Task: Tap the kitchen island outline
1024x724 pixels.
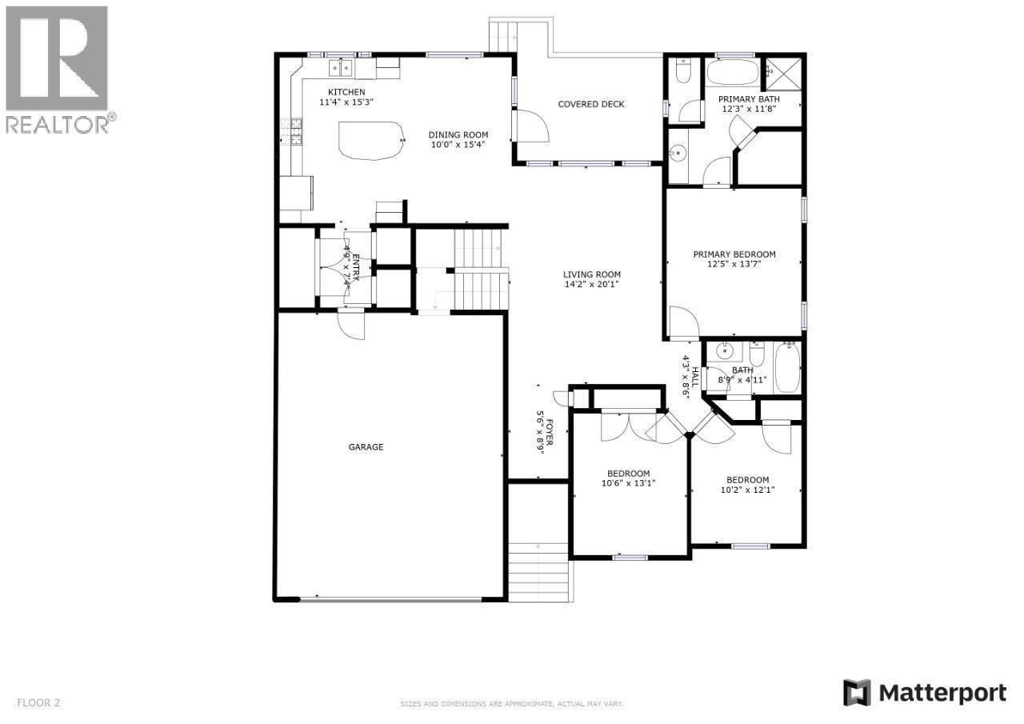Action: click(x=370, y=140)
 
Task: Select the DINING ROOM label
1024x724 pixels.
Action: click(x=458, y=134)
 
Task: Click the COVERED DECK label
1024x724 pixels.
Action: click(x=590, y=104)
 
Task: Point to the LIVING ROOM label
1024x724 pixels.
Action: click(x=591, y=274)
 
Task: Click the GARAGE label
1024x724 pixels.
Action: click(x=366, y=447)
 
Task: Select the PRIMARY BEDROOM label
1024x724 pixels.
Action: click(x=734, y=254)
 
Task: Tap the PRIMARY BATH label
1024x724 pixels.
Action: click(x=748, y=99)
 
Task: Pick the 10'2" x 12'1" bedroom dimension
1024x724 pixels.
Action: click(x=747, y=490)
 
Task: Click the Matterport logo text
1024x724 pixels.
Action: click(x=942, y=692)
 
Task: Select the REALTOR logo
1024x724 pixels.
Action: click(x=58, y=68)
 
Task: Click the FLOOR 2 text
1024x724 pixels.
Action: click(x=38, y=703)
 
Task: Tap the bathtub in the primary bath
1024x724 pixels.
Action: click(x=731, y=72)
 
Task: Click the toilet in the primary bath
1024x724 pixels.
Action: click(x=682, y=74)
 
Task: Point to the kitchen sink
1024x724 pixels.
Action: click(x=341, y=67)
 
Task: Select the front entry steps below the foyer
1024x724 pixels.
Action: click(x=538, y=571)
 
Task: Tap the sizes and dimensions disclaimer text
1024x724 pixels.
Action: click(x=511, y=704)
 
